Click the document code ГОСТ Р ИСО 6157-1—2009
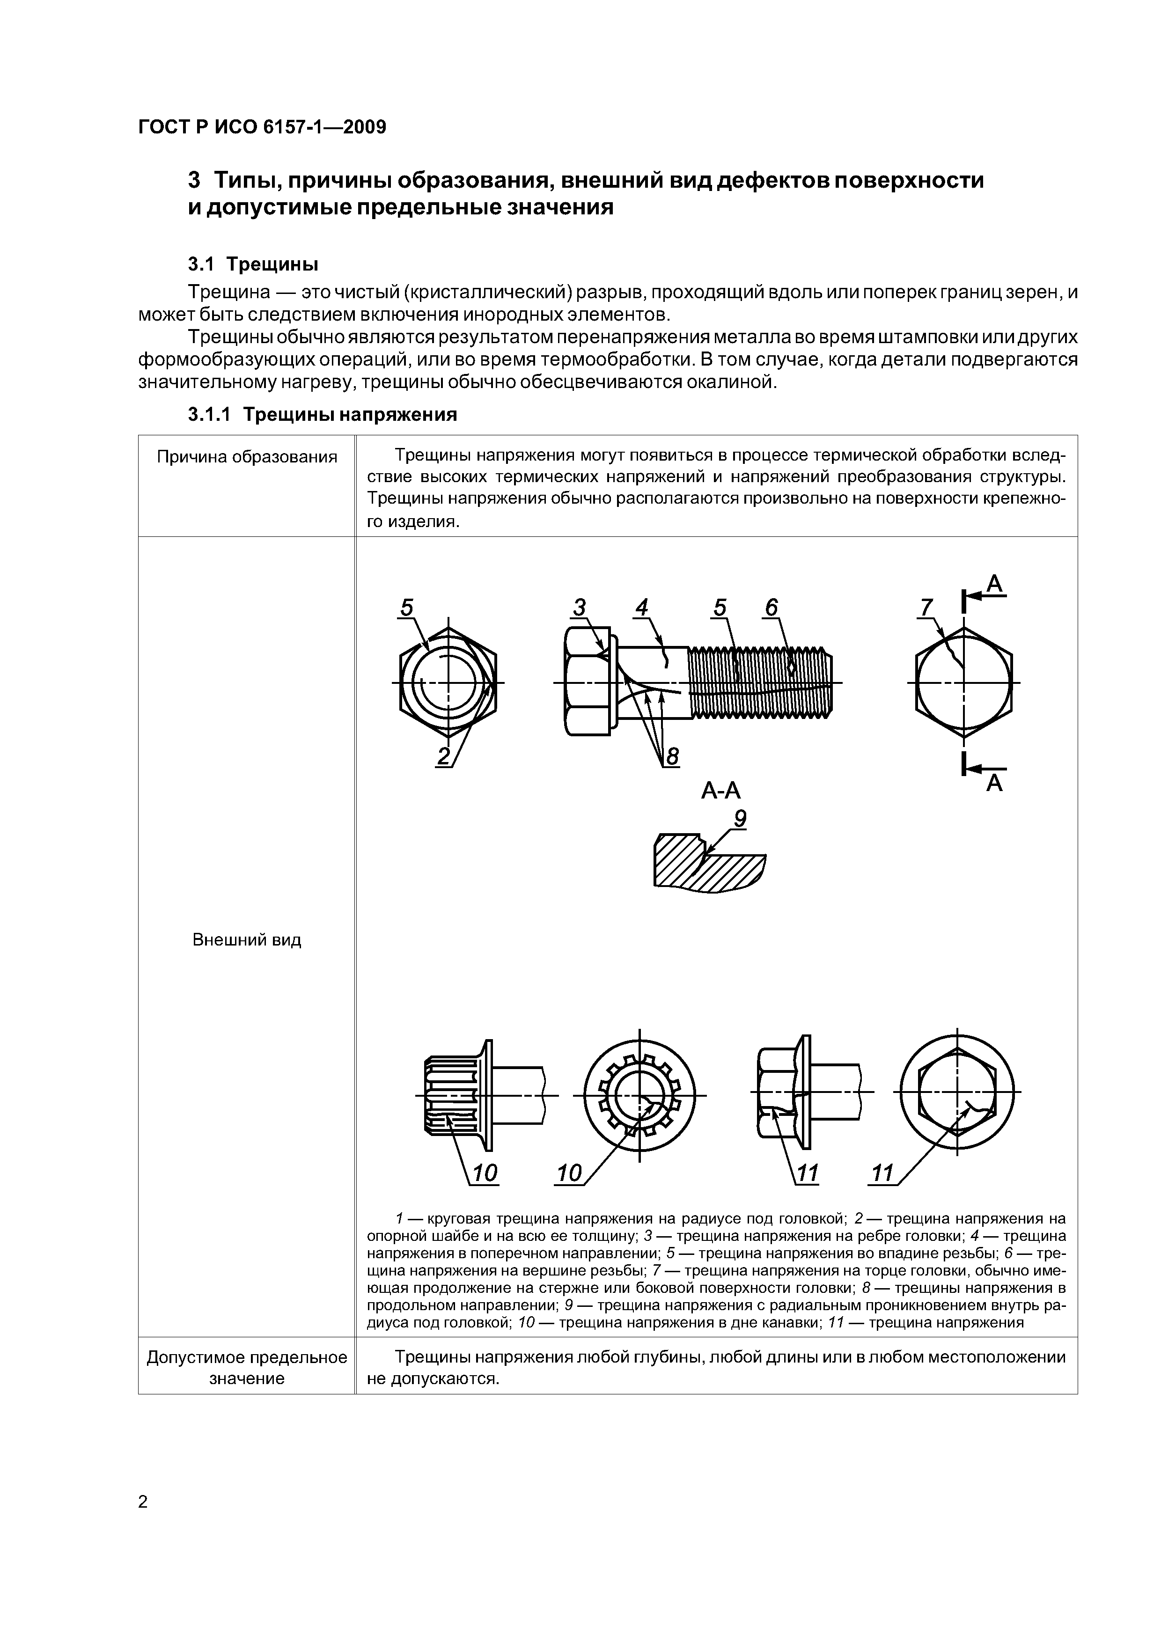pyautogui.click(x=262, y=127)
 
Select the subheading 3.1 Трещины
pyautogui.click(x=252, y=264)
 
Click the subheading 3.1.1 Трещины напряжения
pyautogui.click(x=322, y=415)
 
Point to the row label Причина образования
pyautogui.click(x=247, y=457)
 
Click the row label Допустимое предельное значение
pyautogui.click(x=247, y=1368)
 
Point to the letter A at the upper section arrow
pyautogui.click(x=995, y=586)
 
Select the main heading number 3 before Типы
pyautogui.click(x=194, y=181)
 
